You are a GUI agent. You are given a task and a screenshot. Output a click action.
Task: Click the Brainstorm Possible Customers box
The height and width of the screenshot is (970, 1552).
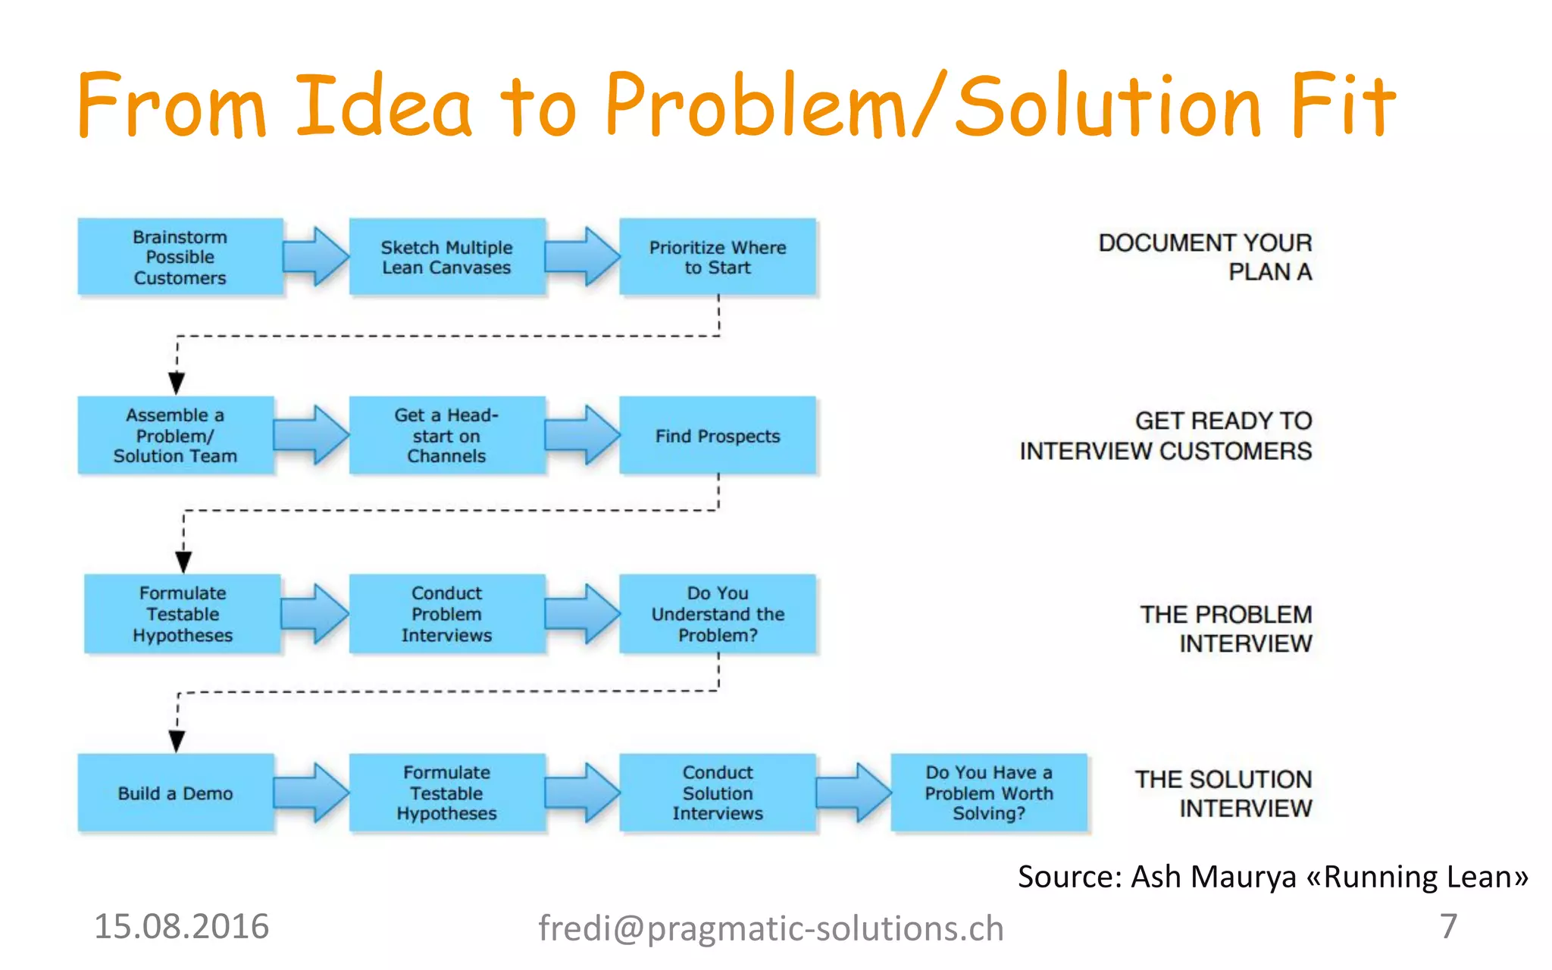180,257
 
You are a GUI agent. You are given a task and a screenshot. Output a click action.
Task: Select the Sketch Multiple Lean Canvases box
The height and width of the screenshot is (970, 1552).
446,257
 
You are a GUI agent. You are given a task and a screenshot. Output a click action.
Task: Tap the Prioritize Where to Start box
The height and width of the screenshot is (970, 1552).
717,257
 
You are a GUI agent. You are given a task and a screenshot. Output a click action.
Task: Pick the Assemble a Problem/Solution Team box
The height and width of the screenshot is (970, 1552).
175,435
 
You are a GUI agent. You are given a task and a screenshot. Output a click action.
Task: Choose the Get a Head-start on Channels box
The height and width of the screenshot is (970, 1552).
446,435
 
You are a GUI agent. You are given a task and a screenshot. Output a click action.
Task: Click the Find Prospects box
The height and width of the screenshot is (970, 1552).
717,435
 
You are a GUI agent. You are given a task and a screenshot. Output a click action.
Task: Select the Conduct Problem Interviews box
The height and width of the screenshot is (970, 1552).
446,614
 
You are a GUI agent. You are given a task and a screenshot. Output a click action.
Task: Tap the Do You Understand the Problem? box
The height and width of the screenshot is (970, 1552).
717,614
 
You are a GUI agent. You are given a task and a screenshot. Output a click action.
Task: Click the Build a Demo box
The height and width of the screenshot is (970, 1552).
175,793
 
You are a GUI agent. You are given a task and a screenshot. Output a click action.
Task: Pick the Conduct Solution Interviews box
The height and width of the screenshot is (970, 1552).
717,793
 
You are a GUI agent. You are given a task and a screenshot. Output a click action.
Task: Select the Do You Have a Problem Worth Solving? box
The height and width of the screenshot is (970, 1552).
988,793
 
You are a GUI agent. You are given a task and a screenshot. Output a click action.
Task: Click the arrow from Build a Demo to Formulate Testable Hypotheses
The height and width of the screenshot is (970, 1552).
311,793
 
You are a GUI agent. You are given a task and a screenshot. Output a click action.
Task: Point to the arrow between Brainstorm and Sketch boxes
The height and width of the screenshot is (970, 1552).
316,257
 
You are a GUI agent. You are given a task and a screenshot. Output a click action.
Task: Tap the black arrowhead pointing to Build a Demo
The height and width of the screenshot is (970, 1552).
177,740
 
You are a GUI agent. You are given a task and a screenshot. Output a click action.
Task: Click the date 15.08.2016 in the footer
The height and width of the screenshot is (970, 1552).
181,926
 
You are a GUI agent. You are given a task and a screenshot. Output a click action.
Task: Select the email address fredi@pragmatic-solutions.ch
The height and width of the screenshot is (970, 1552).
771,928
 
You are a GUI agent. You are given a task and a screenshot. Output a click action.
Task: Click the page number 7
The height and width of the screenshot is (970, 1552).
1448,926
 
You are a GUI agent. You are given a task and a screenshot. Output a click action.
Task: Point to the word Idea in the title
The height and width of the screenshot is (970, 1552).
383,106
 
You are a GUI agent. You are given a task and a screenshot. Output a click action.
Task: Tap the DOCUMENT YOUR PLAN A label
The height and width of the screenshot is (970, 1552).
1205,257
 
